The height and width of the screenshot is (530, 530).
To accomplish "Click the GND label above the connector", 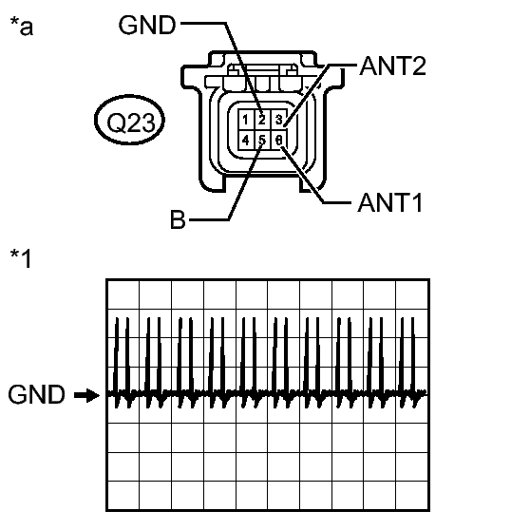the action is pos(147,25).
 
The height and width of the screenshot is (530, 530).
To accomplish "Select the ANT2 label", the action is pos(393,66).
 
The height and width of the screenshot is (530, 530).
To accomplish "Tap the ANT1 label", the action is pos(390,203).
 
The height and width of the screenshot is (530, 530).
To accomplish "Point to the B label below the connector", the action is pos(179,219).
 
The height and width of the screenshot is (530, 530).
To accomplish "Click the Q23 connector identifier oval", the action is pos(129,120).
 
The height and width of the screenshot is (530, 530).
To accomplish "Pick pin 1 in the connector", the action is pos(246,120).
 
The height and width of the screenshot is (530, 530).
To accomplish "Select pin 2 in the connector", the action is pos(262,120).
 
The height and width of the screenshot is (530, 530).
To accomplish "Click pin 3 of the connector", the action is pos(279,120).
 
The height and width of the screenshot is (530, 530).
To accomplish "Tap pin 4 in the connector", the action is pos(246,140).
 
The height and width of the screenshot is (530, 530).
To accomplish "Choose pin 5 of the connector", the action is pos(262,140).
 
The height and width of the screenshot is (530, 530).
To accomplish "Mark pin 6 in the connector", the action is pos(279,140).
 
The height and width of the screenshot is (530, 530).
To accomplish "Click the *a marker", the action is pos(22,26).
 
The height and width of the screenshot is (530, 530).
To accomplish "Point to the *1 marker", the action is pos(21,258).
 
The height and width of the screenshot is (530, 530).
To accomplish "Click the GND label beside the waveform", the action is pos(36,394).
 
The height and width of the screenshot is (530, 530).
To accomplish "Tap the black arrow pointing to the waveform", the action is pos(87,395).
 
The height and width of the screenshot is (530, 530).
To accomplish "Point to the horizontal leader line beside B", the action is pos(209,220).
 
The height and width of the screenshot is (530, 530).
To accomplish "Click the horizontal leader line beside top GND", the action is pos(203,24).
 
